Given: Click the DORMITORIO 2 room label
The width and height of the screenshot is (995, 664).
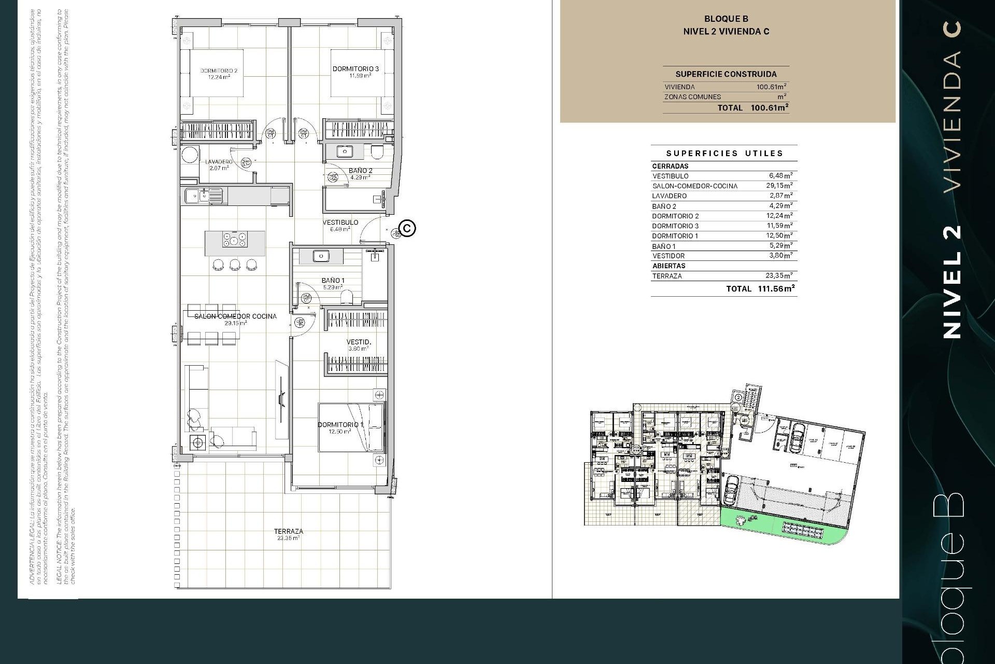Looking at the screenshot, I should [219, 72].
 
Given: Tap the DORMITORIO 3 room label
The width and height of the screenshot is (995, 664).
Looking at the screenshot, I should [356, 69].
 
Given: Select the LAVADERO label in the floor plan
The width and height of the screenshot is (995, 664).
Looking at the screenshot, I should [218, 162].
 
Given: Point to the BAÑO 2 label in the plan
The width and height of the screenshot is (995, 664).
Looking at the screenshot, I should [360, 171].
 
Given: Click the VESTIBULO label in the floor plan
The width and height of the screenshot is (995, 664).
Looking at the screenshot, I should [340, 223].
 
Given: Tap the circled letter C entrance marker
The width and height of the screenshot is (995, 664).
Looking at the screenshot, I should [408, 228].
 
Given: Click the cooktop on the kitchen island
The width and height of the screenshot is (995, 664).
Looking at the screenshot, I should [235, 240].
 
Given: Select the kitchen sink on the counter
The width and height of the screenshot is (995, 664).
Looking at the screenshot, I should [197, 196].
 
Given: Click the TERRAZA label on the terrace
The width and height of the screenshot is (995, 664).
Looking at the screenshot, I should [289, 532].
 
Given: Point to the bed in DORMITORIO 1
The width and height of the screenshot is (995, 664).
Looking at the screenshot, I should [351, 426].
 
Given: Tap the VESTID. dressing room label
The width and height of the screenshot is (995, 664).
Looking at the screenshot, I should [359, 342].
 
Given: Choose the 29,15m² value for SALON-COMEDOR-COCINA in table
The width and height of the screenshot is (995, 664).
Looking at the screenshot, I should [779, 186].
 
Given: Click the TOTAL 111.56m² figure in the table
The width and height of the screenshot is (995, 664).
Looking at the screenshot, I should [776, 288].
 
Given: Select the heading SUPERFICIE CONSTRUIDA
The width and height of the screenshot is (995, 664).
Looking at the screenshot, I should [726, 74].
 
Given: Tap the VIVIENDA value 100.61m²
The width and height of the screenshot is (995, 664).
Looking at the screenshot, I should [771, 87].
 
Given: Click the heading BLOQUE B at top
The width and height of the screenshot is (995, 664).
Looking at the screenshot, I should [726, 19].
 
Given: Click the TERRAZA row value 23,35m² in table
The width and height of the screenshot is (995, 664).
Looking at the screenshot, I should [779, 276].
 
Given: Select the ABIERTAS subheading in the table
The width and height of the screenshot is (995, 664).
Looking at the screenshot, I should [669, 266].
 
